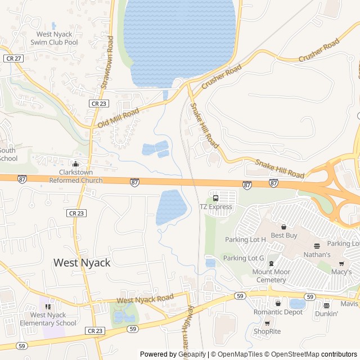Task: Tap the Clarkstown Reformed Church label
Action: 76,176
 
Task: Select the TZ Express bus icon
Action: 215,198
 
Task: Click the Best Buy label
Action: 283,235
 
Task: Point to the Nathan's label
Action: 317,254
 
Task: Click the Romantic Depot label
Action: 278,312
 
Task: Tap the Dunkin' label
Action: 326,313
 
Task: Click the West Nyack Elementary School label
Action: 48,319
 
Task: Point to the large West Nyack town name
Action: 82,263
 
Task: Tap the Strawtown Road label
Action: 107,62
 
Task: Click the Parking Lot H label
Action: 245,240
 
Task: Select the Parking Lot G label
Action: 244,258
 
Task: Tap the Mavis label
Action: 349,304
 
